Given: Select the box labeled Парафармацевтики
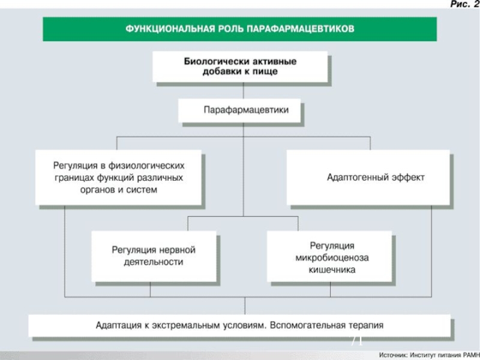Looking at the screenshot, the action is point(239,110).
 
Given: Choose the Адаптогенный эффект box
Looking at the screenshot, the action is point(368,177).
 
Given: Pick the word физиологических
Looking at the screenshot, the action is point(146,166).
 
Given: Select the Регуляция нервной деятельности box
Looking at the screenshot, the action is point(154,256).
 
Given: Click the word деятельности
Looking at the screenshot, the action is point(154,262).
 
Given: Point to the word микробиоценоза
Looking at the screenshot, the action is point(332,258).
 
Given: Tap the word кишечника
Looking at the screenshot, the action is point(332,270).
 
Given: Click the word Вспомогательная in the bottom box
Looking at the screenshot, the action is point(307,325).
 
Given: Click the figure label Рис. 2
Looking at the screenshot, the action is point(465,4).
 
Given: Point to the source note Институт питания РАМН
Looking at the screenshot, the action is point(445,355).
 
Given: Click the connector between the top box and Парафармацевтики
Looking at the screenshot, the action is point(244,91).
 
